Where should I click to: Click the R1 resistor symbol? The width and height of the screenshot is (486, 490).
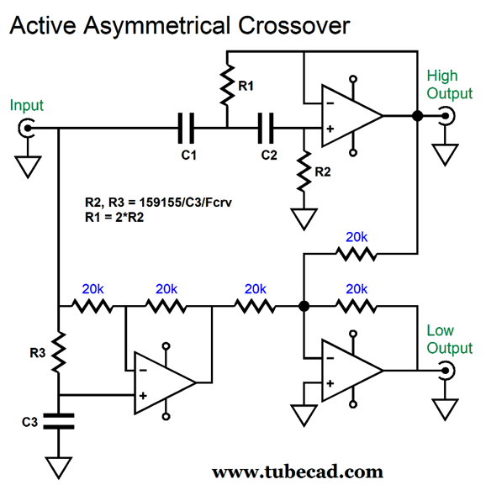227,85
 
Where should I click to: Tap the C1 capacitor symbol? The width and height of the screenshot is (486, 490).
186,128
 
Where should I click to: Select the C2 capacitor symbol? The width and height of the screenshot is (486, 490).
266,128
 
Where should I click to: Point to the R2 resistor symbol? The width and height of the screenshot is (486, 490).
304,171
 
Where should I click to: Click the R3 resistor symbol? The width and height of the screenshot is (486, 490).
59,352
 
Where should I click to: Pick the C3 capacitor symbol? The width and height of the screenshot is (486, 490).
59,421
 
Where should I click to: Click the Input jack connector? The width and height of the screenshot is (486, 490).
26,128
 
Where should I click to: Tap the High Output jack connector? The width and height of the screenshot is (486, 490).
446,116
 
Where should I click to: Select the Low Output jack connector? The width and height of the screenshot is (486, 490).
446,371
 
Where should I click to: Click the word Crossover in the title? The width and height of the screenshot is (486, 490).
293,25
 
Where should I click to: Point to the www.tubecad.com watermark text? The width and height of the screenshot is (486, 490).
298,472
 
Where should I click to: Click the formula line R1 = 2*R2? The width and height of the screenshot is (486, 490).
114,217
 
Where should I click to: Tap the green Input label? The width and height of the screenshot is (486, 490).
27,105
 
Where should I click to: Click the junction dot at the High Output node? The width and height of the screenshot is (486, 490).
418,116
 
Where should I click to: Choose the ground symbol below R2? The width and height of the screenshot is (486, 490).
304,219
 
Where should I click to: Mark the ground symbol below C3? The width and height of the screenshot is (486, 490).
59,468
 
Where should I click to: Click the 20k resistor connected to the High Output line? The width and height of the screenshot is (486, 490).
357,254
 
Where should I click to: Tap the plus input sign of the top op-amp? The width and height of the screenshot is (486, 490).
330,129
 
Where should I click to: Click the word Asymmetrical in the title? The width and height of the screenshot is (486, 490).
157,25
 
